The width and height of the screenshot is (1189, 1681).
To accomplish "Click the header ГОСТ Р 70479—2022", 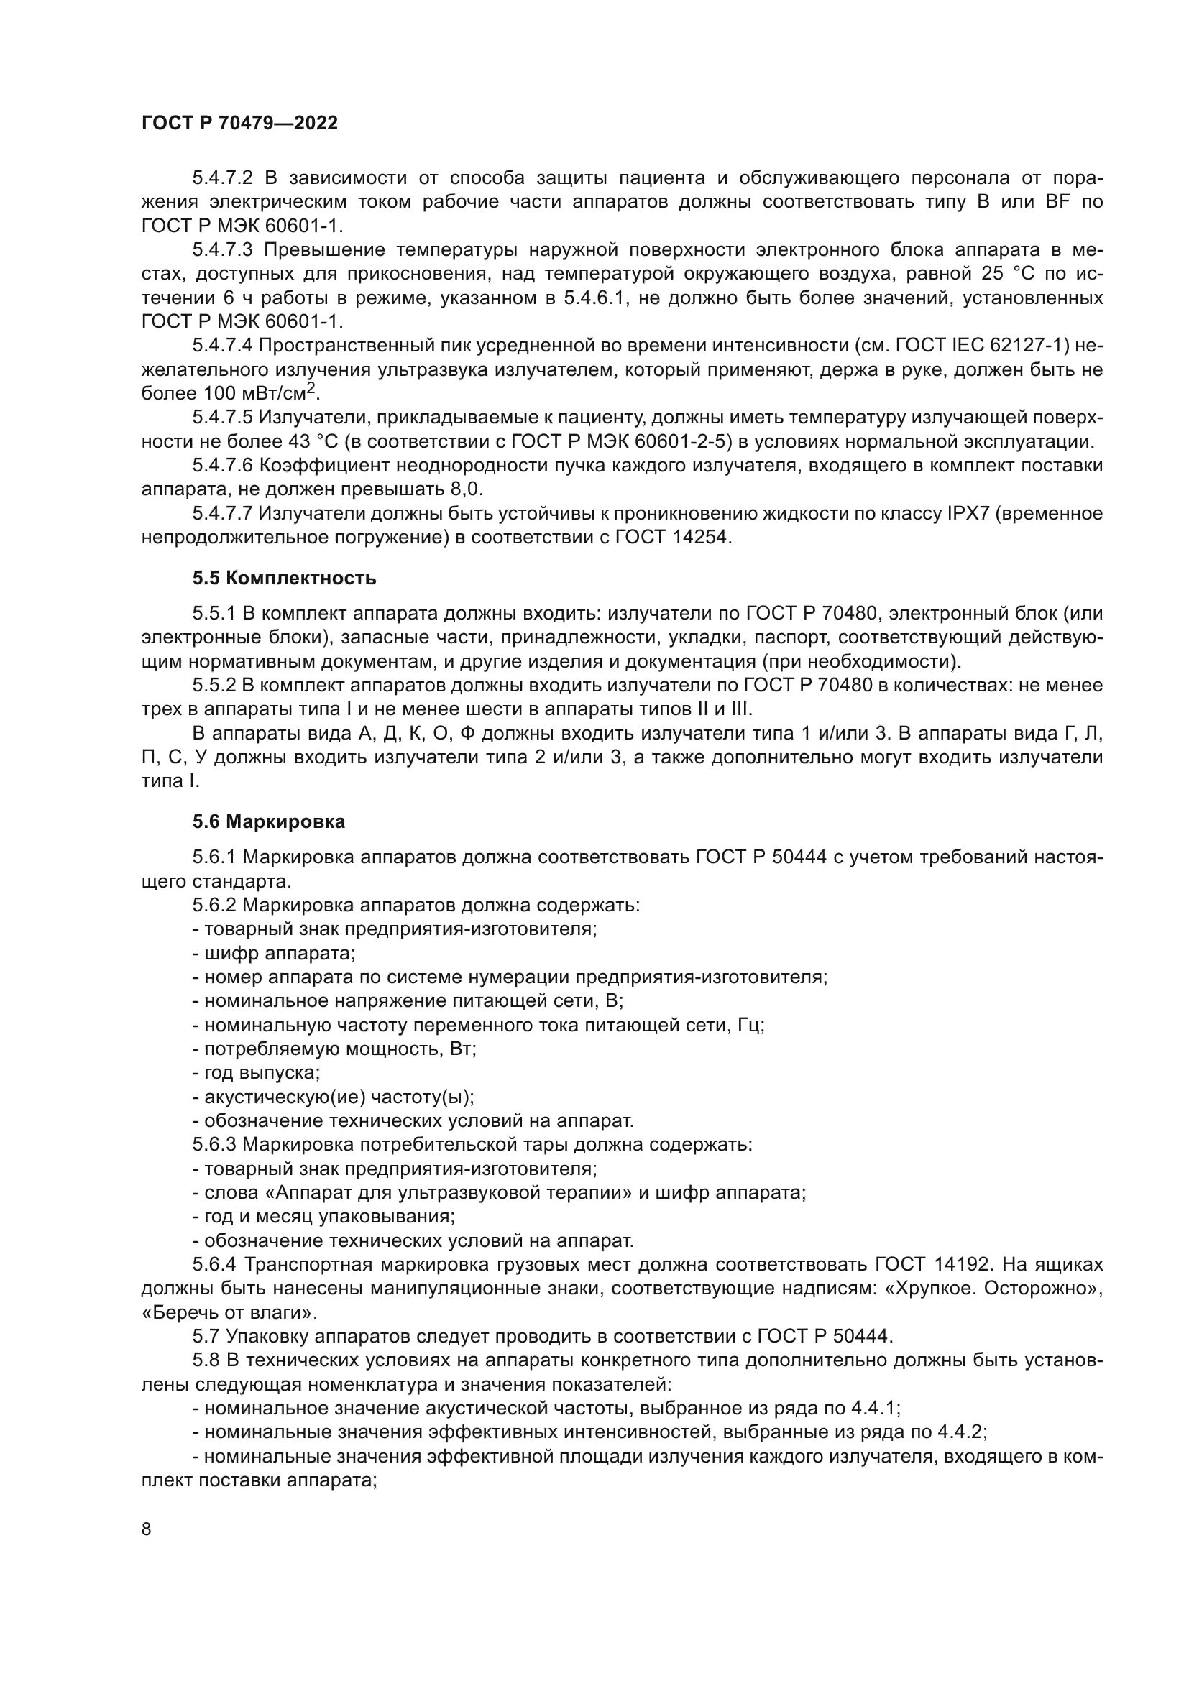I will (239, 124).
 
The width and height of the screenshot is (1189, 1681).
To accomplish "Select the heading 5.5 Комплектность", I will (284, 579).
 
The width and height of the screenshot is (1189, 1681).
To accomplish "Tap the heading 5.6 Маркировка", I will (269, 821).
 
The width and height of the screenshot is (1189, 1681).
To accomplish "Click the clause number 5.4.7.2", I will (223, 178).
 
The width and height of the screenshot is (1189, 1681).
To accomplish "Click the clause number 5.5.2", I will (214, 686).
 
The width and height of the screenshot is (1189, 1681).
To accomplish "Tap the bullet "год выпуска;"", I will (256, 1072).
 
